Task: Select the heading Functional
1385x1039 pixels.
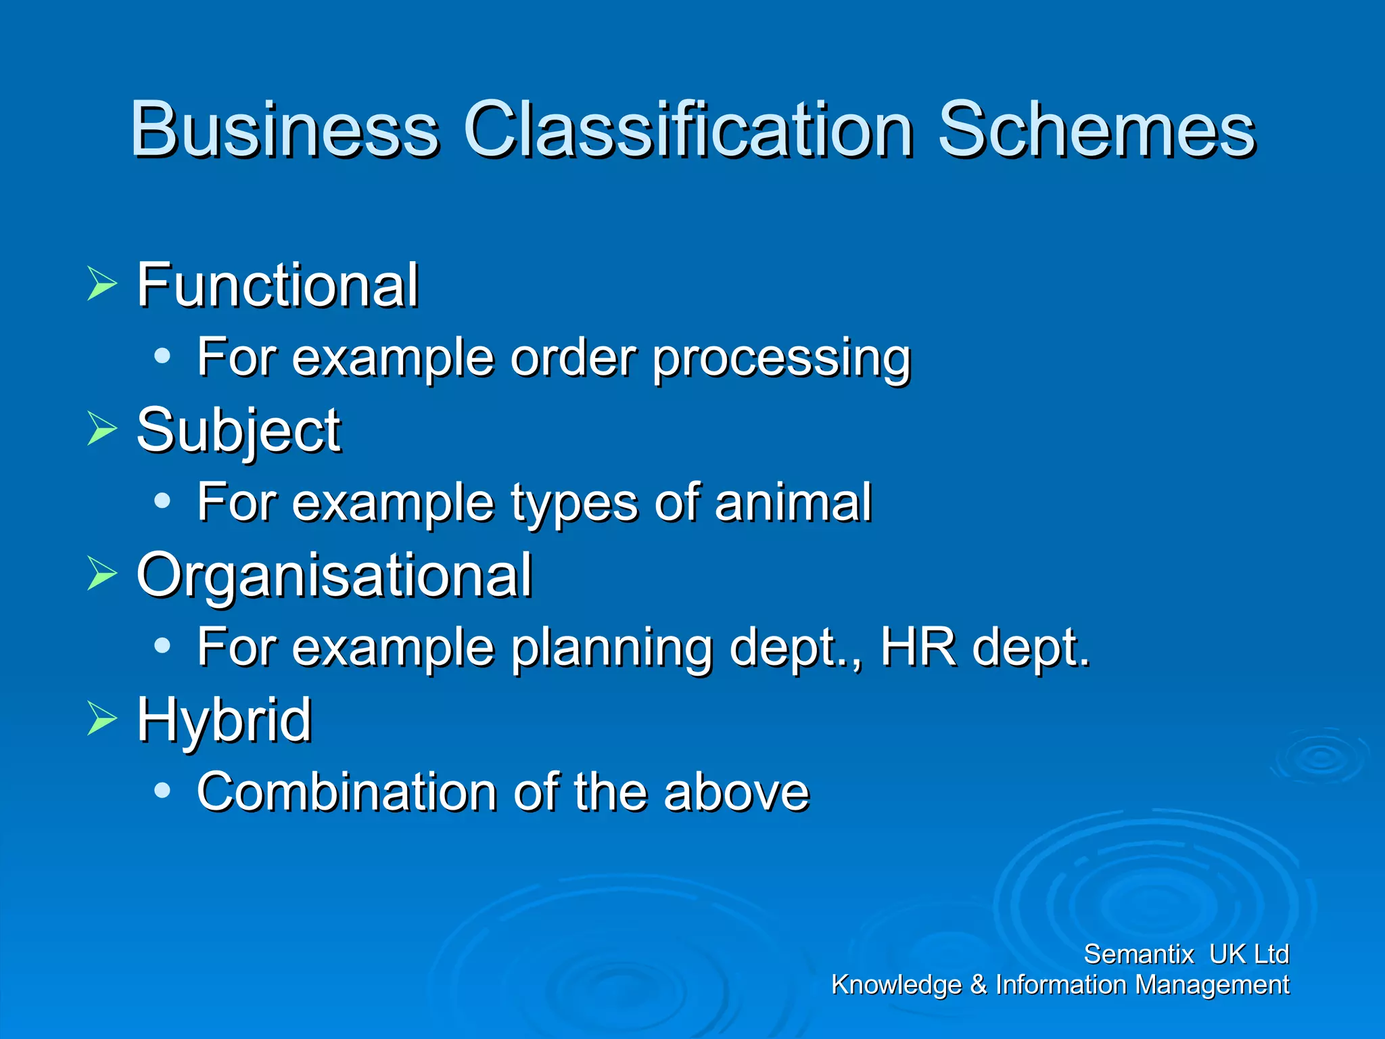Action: click(x=277, y=285)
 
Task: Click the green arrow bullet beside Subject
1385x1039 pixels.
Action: click(x=102, y=429)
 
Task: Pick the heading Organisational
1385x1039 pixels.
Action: click(x=334, y=575)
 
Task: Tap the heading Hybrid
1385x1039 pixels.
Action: click(x=224, y=720)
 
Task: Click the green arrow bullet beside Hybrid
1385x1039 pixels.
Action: click(x=102, y=718)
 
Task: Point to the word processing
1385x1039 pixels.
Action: click(x=782, y=359)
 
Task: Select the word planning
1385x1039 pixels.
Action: click(x=612, y=648)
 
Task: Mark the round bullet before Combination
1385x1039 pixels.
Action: click(x=162, y=790)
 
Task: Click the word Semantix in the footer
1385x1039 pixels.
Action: click(x=1138, y=954)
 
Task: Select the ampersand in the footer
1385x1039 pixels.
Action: click(x=978, y=985)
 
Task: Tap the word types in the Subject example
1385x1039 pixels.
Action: click(x=573, y=504)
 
